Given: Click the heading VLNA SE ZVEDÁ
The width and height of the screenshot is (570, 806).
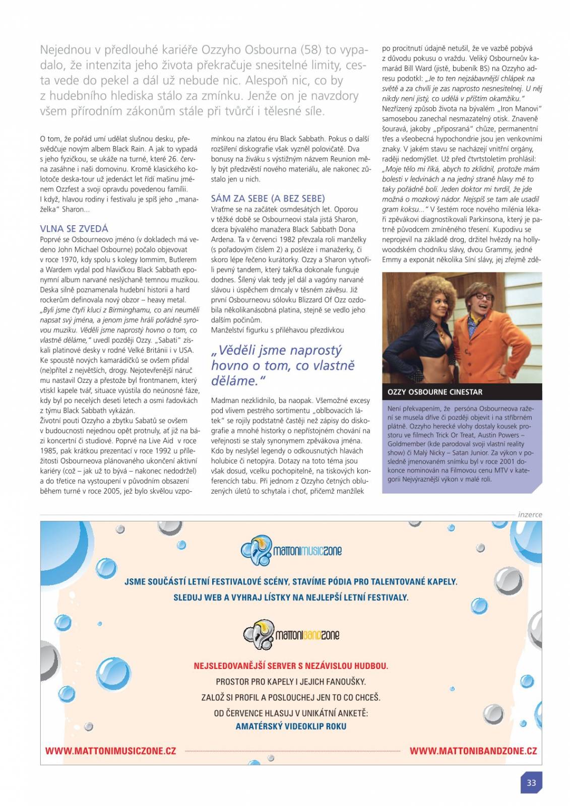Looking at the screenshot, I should click(74, 229).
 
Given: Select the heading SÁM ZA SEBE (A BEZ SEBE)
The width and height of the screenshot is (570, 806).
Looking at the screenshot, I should click(268, 198).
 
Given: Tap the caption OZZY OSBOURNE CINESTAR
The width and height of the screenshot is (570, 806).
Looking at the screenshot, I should click(434, 392).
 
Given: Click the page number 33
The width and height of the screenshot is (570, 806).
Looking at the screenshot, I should click(531, 783).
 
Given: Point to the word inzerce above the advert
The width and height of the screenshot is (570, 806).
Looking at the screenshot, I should click(530, 514).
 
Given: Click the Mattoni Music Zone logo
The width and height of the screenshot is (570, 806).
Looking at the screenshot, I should click(291, 550).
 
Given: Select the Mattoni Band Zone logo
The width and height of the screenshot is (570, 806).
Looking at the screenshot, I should click(291, 634).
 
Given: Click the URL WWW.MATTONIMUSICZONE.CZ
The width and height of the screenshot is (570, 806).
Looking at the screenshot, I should click(110, 751).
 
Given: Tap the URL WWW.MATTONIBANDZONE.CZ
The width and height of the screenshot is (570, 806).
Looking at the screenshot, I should click(473, 751).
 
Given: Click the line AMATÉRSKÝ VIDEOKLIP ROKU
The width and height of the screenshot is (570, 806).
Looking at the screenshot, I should click(291, 726).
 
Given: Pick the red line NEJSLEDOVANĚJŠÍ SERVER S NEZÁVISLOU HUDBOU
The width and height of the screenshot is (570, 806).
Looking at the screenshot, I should click(291, 666).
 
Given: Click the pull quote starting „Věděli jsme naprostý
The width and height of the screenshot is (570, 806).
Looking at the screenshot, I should click(283, 365).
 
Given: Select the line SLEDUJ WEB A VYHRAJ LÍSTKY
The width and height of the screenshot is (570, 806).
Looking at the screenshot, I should click(291, 597).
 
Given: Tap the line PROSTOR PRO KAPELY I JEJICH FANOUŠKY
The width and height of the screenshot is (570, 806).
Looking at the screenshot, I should click(291, 682).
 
